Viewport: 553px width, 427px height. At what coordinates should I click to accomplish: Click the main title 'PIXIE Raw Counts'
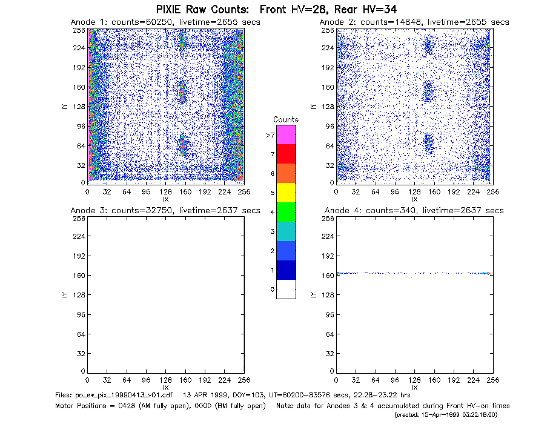202,9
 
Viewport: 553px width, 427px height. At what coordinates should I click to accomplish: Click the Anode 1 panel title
165,22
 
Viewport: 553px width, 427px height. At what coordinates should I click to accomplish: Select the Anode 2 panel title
414,22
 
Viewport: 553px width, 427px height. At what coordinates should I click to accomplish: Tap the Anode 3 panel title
165,211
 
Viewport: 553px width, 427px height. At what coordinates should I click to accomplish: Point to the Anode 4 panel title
414,211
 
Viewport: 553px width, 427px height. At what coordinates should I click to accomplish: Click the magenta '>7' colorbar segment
286,134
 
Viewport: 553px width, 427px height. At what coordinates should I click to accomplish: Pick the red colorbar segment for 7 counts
286,154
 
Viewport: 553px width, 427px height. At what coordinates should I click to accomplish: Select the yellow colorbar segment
286,193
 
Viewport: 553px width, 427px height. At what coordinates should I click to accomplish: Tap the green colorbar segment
286,212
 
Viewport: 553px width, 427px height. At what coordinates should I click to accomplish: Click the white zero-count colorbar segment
286,289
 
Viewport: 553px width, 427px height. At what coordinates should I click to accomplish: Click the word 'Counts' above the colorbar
286,119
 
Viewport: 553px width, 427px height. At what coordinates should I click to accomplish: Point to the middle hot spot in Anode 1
182,92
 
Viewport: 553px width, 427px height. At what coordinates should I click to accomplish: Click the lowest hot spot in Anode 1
182,145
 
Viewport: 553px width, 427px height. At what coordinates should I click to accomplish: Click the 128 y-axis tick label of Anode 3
80,295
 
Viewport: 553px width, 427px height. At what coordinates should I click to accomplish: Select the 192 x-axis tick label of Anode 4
454,380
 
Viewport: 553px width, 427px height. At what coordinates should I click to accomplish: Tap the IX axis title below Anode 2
414,199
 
